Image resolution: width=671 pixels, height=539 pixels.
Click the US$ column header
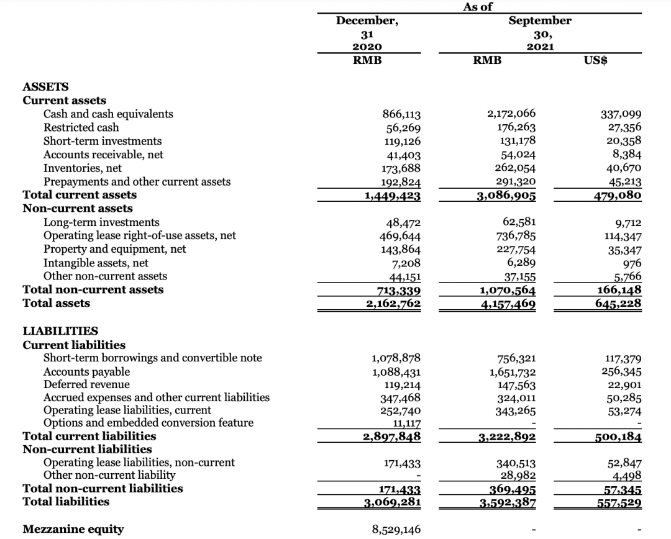click(x=596, y=60)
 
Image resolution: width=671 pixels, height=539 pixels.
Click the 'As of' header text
click(x=478, y=7)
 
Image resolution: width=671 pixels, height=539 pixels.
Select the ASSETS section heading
click(x=45, y=87)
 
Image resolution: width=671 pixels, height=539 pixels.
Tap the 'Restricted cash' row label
click(x=81, y=127)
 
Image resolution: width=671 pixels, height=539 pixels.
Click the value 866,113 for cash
click(x=401, y=114)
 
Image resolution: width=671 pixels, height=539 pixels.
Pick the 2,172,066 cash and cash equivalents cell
click(x=511, y=114)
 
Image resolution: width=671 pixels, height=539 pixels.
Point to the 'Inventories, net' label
click(x=82, y=168)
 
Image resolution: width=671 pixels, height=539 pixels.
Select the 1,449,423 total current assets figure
click(x=392, y=196)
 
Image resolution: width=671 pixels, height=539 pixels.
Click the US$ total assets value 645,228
click(x=619, y=303)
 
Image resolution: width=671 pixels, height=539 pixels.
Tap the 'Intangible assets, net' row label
click(x=96, y=263)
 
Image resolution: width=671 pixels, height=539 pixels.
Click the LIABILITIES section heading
click(x=60, y=332)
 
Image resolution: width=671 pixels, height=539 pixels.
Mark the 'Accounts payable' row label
click(x=86, y=371)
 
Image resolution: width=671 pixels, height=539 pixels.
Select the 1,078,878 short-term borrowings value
click(x=396, y=358)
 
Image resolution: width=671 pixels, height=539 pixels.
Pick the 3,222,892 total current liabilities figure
click(x=507, y=437)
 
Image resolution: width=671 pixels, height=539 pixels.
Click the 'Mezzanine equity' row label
click(x=73, y=529)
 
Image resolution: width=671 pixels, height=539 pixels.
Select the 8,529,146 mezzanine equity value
click(x=396, y=529)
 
